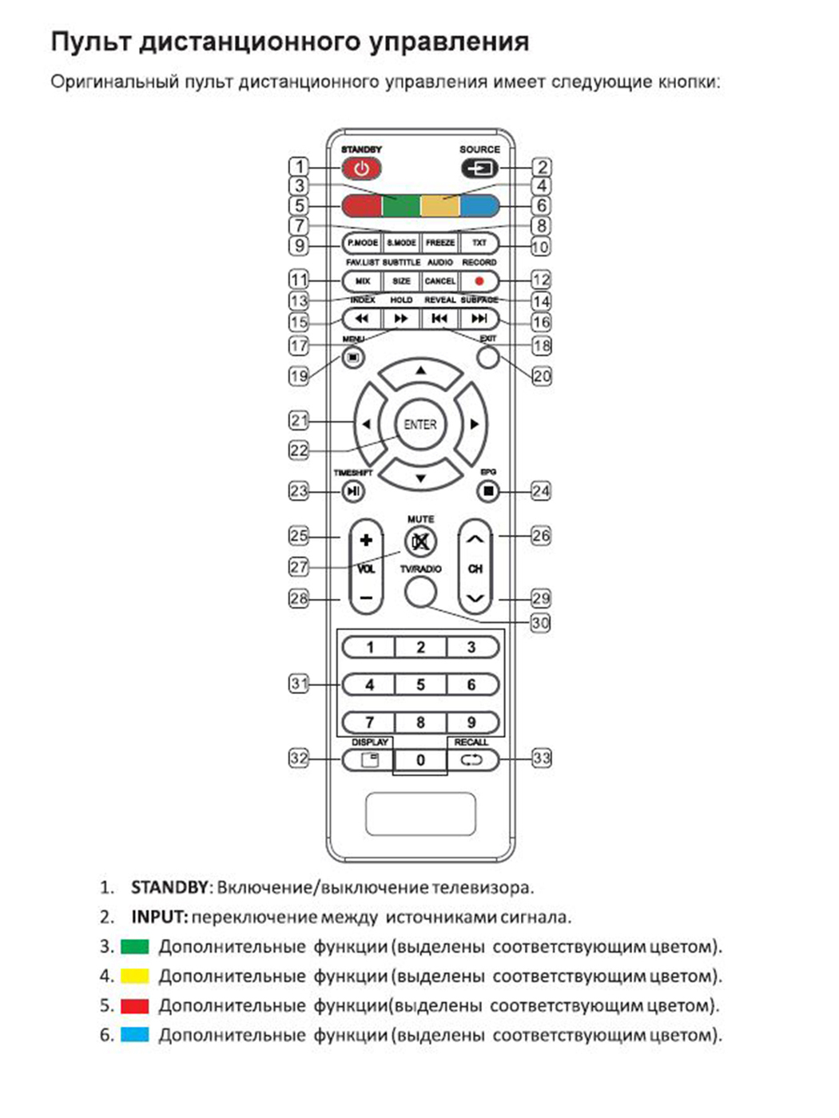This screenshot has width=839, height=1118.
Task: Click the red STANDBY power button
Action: coord(361,168)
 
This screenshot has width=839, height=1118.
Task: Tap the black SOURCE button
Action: coord(479,168)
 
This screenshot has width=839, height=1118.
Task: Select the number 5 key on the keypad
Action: coord(420,684)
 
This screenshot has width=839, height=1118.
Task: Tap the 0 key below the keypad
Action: coord(420,760)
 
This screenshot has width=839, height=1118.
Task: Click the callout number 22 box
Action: coord(298,450)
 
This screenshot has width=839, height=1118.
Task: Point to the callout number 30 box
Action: coord(541,623)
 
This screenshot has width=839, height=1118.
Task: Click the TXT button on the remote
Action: coord(479,243)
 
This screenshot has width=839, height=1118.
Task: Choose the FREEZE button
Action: coord(440,243)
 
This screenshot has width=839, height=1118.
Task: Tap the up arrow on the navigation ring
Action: coord(420,372)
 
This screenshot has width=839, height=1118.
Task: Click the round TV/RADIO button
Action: coord(420,592)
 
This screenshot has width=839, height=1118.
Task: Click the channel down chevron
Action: coord(475,598)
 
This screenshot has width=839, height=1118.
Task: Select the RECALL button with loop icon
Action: coord(471,760)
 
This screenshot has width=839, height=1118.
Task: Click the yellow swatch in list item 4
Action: coord(135,976)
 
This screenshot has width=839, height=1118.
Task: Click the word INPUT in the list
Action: coord(159,917)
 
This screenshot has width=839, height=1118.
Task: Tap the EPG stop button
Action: coord(488,491)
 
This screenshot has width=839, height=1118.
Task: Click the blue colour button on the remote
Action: coord(479,206)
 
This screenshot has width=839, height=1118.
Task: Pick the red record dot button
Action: coord(479,281)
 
